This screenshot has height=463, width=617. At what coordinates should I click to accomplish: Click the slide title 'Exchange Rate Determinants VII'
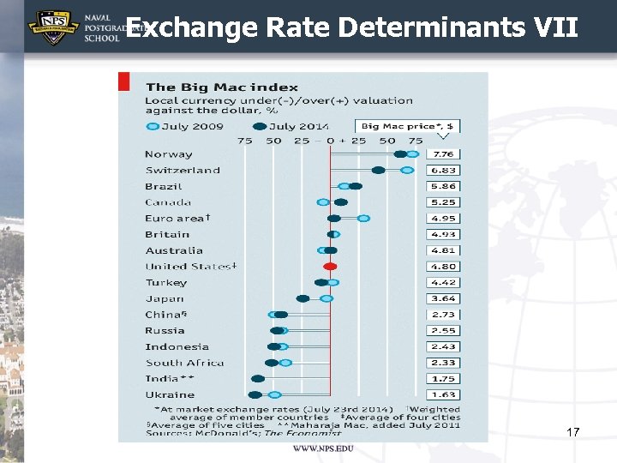point(351,27)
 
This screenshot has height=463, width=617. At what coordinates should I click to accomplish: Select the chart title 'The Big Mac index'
point(222,87)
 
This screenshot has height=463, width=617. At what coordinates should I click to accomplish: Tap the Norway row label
point(169,154)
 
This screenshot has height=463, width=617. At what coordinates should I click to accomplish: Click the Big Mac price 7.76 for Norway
point(443,154)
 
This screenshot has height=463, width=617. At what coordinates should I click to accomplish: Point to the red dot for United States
point(330,267)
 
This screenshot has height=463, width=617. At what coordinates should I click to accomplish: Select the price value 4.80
point(443,267)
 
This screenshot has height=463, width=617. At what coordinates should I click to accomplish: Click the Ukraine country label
point(170,395)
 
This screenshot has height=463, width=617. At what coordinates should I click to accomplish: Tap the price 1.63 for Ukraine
point(443,395)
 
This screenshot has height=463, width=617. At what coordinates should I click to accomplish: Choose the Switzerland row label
point(183,171)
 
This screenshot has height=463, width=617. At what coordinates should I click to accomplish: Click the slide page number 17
point(573,433)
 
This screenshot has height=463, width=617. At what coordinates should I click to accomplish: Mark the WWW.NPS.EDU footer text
point(322,449)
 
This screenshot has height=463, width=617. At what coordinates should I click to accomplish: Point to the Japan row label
point(165,298)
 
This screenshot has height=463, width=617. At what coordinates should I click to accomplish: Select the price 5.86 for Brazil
point(443,186)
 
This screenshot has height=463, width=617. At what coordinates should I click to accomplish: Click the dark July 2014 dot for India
point(258,379)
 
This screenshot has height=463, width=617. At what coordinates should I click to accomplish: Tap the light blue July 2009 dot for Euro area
point(363,219)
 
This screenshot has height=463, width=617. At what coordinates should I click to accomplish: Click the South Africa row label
point(184,363)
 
